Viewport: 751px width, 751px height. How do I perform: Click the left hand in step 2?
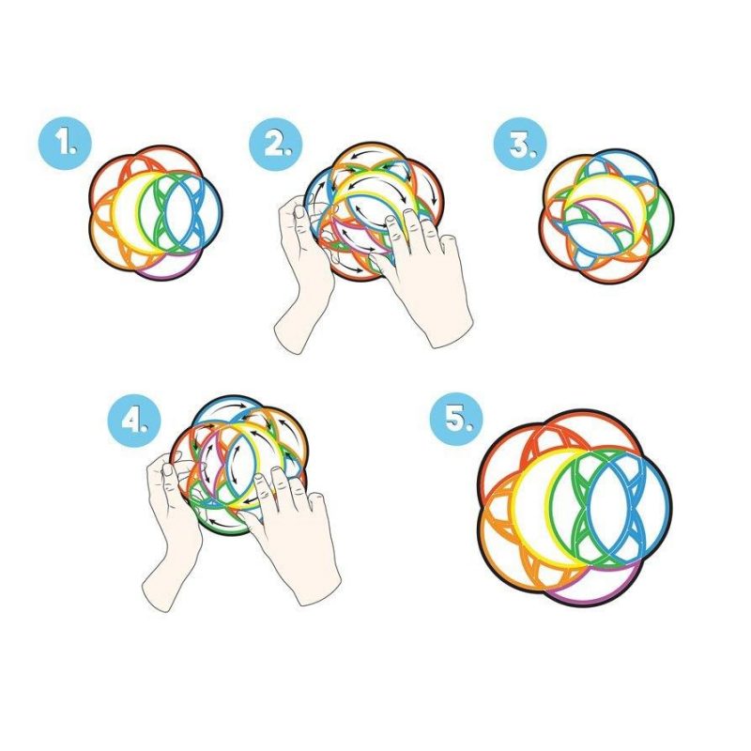[x=302, y=282]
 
